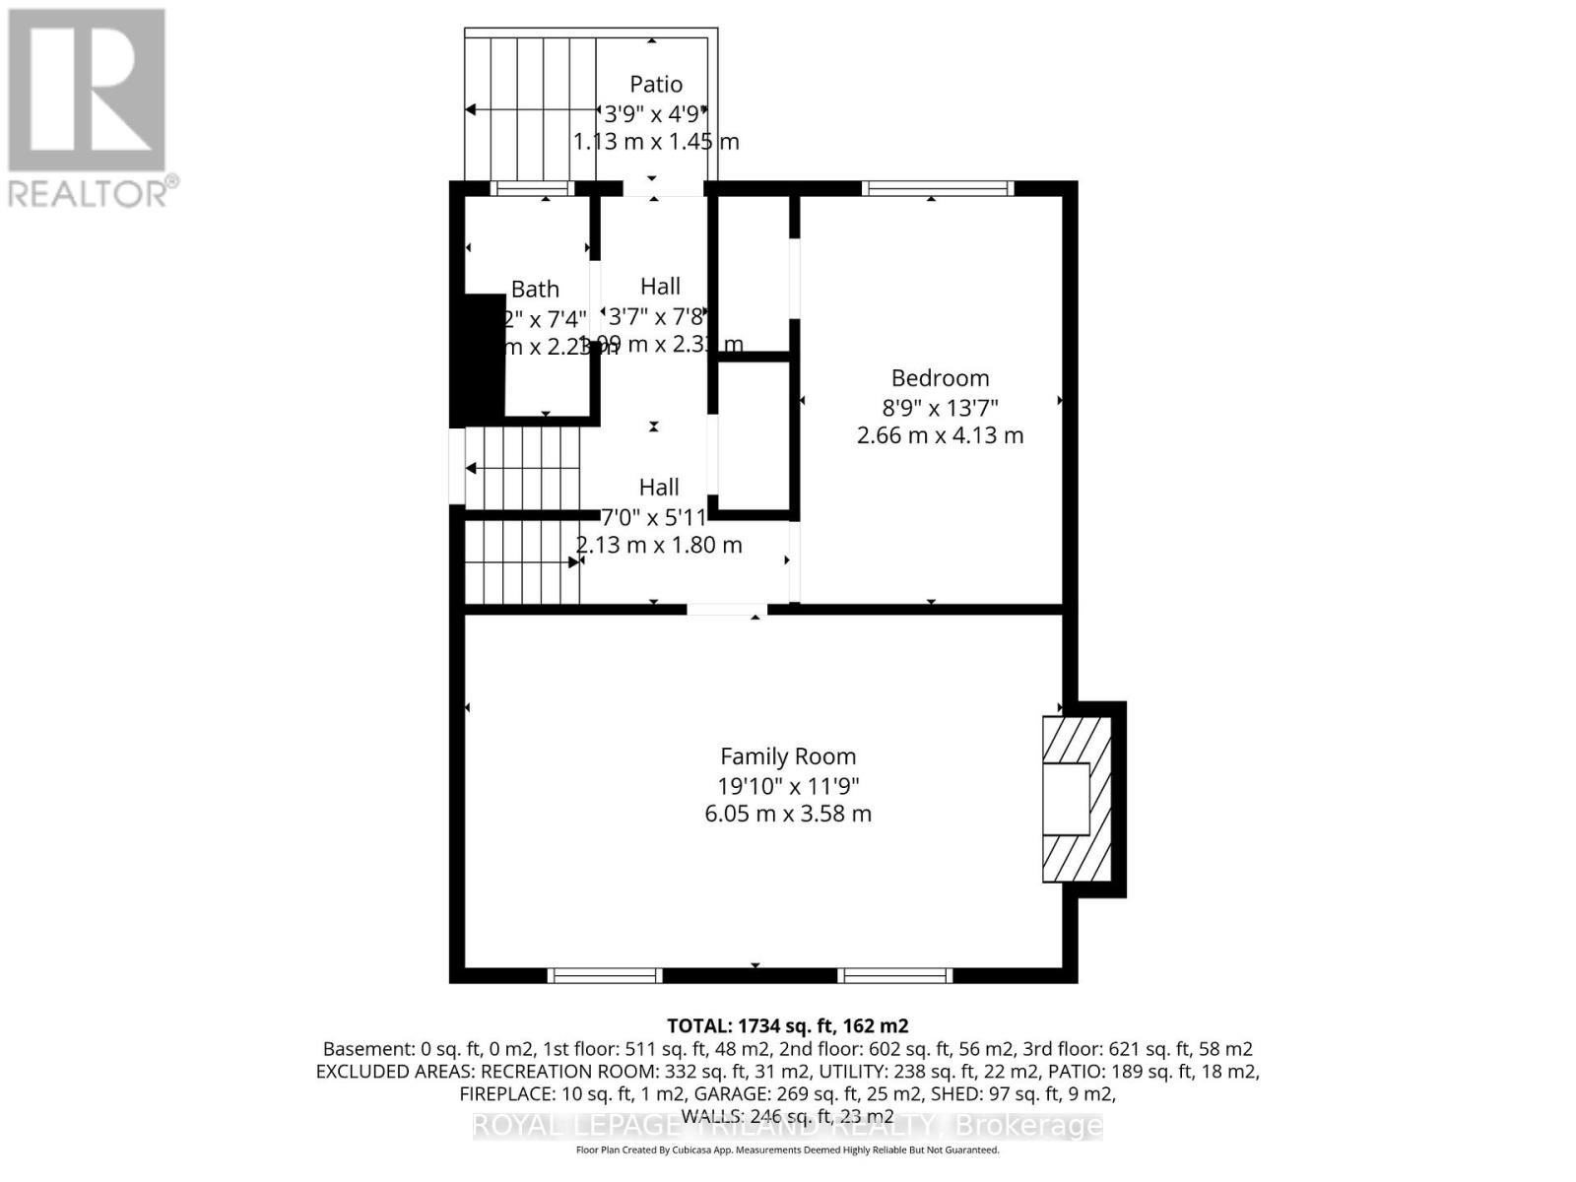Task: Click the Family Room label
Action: pos(787,756)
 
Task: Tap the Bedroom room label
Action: pos(940,378)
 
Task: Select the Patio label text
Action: pos(656,85)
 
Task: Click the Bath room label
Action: pos(535,290)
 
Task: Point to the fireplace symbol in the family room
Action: pos(1077,799)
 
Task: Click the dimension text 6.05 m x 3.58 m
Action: pos(787,814)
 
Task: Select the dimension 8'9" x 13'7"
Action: pos(940,407)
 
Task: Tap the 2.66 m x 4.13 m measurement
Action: pos(940,435)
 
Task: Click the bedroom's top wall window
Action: pos(937,188)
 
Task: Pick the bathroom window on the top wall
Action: pos(532,188)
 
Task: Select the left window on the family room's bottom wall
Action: pos(605,975)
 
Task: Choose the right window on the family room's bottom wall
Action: pos(895,975)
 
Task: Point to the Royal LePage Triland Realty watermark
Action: pos(787,1126)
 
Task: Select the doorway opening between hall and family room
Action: pos(727,611)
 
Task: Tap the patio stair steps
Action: pos(532,108)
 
